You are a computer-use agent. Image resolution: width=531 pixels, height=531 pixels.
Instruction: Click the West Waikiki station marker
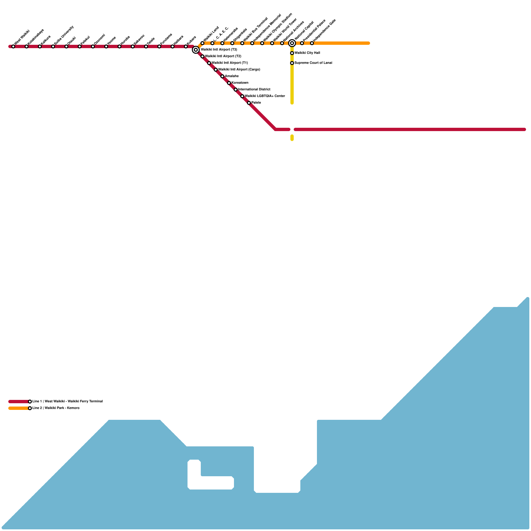[13, 46]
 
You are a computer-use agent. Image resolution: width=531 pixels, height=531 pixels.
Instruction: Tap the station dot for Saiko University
[53, 46]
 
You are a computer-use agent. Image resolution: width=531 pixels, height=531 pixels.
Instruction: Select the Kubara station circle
[186, 46]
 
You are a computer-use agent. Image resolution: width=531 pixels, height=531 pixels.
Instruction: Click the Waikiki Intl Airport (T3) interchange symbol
[196, 50]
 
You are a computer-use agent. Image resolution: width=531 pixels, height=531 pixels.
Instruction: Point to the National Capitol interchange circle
[292, 43]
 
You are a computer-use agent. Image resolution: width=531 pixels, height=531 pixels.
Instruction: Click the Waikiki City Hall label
[307, 53]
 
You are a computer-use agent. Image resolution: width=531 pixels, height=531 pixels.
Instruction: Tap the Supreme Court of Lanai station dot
[292, 63]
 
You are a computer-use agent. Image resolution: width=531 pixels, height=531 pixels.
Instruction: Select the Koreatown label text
[240, 83]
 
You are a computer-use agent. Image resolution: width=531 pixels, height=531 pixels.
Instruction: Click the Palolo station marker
[249, 103]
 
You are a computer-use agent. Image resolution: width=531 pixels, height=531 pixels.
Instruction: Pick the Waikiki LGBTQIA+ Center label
[265, 96]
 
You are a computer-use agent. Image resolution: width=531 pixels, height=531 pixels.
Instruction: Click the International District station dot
[236, 90]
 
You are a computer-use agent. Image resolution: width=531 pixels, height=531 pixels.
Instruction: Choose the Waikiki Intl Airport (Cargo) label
[239, 70]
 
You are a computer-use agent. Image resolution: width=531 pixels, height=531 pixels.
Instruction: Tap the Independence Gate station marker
[312, 43]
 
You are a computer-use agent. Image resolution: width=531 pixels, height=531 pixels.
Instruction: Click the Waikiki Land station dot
[202, 43]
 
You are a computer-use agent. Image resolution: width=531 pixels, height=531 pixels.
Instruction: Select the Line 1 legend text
[67, 402]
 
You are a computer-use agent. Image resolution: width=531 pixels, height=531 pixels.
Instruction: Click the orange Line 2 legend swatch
[19, 408]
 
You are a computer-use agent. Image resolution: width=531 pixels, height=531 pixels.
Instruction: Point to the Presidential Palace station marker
[302, 43]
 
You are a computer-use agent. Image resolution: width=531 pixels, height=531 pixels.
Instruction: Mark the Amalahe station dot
[222, 76]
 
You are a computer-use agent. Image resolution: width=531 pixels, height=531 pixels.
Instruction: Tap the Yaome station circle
[106, 46]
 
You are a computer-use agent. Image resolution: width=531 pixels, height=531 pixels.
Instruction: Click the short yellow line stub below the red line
[292, 138]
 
